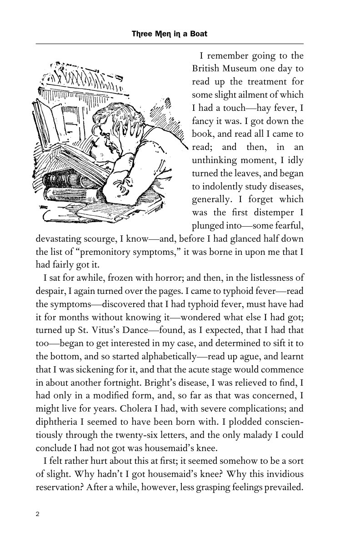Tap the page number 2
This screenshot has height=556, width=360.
tap(38, 514)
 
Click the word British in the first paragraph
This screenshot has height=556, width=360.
tap(206, 69)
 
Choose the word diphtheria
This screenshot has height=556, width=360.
tap(57, 422)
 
